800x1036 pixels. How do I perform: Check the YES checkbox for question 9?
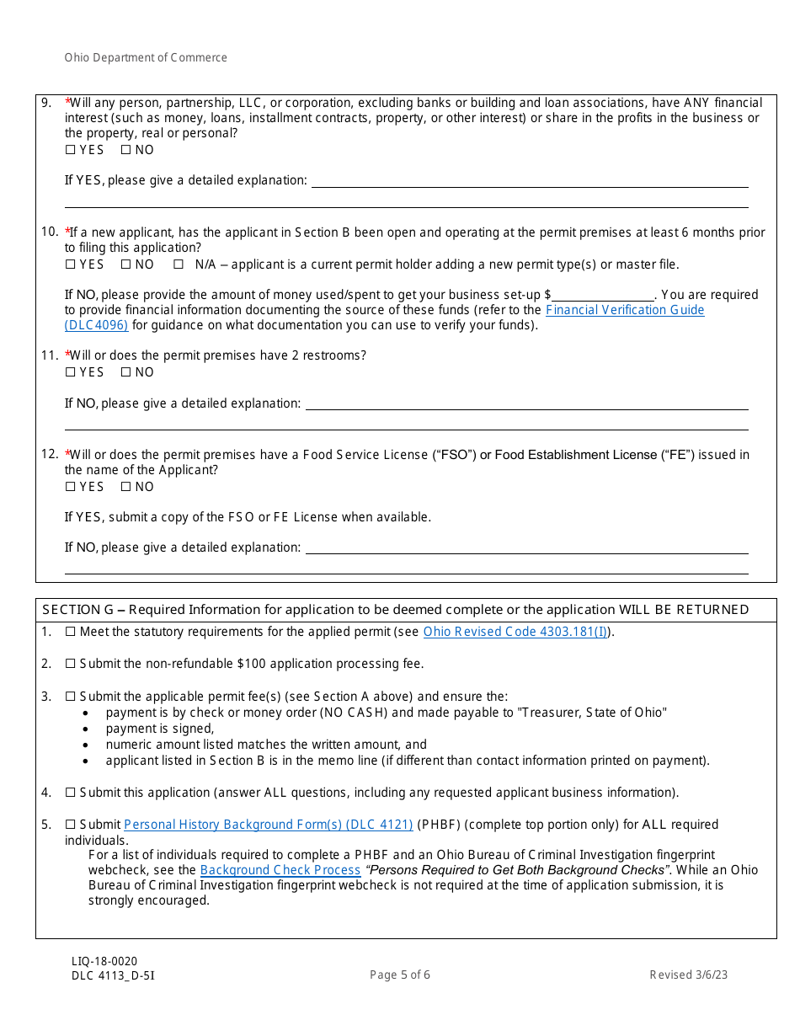[x=70, y=150]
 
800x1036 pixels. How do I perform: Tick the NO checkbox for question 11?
[x=125, y=372]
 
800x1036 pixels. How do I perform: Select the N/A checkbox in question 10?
[x=179, y=264]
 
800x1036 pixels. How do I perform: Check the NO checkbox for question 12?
[x=125, y=487]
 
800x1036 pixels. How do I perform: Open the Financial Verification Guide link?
[x=625, y=310]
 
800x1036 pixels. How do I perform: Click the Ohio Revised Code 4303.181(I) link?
[x=515, y=632]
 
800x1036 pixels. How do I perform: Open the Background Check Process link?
[x=280, y=870]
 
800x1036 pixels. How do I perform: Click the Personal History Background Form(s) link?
[x=268, y=825]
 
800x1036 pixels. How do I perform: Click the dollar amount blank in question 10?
[x=603, y=295]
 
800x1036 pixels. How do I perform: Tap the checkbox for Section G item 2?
[x=71, y=664]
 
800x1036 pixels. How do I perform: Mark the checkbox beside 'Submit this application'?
[x=71, y=793]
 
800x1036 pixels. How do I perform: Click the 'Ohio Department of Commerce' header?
[x=146, y=58]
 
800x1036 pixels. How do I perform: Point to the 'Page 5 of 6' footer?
[x=400, y=975]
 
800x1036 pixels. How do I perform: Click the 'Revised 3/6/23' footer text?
[x=688, y=975]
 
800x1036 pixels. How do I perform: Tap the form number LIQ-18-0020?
[x=104, y=962]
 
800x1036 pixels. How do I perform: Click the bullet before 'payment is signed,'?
[x=88, y=729]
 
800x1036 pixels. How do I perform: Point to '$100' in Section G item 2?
[x=227, y=664]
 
